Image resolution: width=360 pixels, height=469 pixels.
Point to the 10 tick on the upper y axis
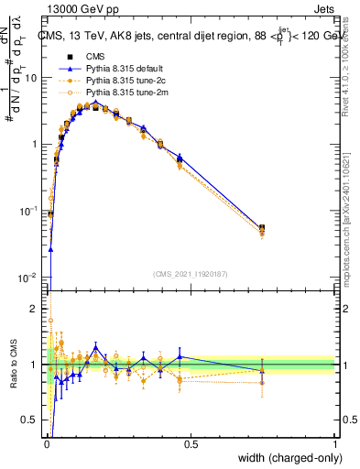click(31, 78)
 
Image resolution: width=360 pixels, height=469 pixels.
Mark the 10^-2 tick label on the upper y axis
click(29, 277)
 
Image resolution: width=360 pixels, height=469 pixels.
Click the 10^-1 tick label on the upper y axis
click(29, 211)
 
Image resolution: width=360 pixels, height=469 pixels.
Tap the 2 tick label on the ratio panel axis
click(36, 310)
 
